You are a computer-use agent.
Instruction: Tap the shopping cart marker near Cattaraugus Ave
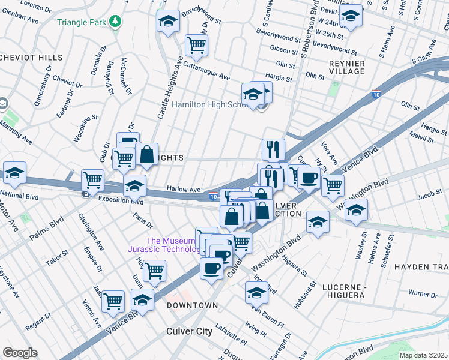(196, 44)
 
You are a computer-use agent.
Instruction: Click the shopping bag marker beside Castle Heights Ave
(146, 155)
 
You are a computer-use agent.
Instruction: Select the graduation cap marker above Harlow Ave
(135, 185)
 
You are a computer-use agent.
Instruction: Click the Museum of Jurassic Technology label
(163, 245)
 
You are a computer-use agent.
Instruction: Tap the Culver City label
(190, 331)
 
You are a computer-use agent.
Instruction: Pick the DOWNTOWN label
(192, 305)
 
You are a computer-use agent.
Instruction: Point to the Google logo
(20, 353)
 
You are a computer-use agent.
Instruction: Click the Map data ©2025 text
(423, 355)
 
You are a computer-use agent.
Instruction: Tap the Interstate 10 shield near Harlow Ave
(214, 196)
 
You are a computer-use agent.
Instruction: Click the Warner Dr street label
(423, 294)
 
